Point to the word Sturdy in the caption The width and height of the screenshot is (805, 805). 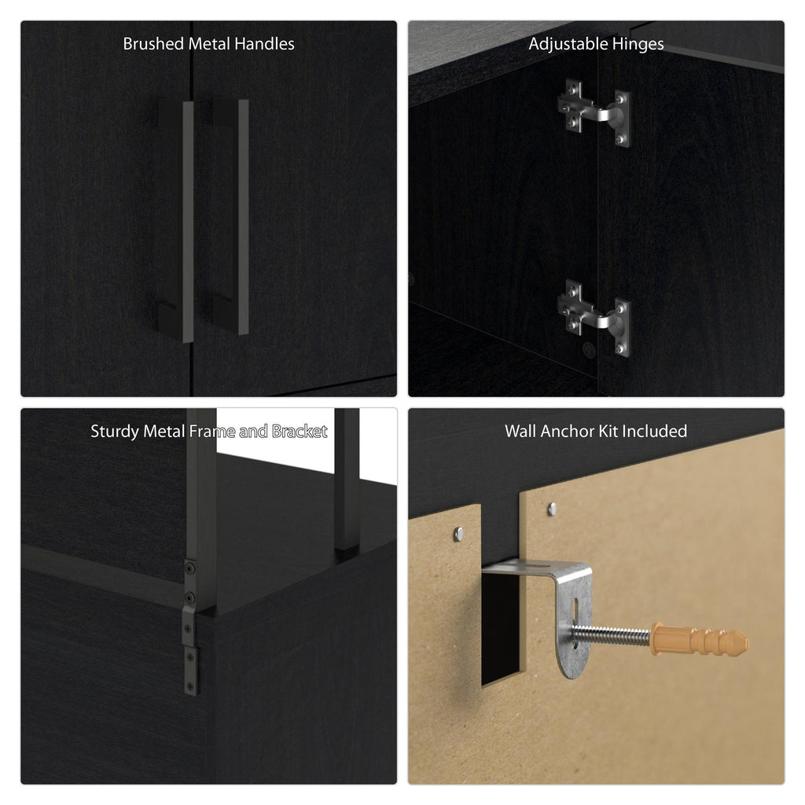115,432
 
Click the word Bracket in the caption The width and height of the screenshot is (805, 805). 300,432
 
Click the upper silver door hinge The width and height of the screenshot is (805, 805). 594,113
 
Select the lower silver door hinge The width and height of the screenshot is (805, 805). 594,318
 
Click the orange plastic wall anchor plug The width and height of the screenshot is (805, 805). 699,640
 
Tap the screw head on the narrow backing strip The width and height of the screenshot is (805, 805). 459,535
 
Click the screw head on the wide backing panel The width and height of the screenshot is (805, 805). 552,509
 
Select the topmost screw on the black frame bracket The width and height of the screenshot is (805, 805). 190,568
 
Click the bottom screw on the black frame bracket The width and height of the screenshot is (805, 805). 190,686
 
